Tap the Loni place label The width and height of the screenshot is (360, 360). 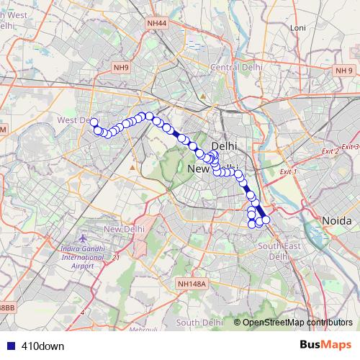[297, 27]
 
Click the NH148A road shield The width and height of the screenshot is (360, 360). [191, 284]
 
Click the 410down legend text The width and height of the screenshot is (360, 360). [43, 346]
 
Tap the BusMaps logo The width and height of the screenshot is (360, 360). [325, 345]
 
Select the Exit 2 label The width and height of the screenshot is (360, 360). [330, 151]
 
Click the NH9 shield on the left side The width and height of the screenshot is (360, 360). [120, 68]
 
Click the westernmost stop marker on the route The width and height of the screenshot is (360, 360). [94, 122]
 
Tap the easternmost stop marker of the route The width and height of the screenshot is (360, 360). [266, 220]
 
